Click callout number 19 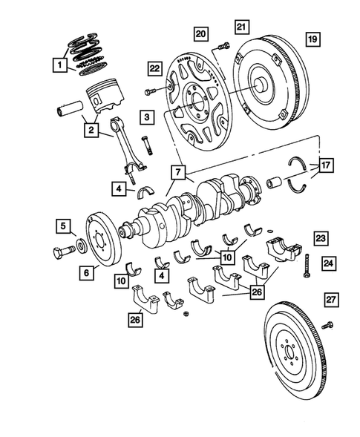(x=312, y=38)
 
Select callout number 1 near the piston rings (x=58, y=67)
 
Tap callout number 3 (x=149, y=117)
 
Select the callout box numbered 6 (x=86, y=273)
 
